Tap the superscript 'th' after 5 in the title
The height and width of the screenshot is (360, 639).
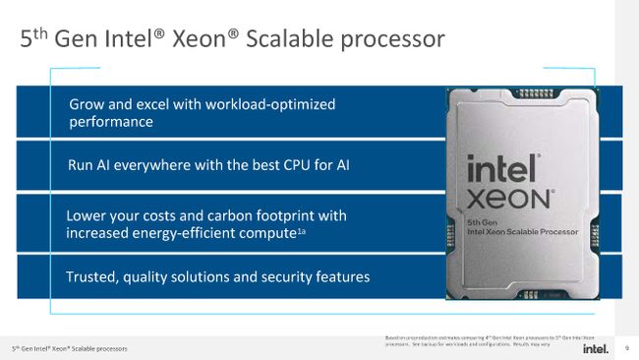(42, 33)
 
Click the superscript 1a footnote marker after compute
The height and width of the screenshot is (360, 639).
(302, 230)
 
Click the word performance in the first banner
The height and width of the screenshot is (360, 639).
(111, 122)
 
